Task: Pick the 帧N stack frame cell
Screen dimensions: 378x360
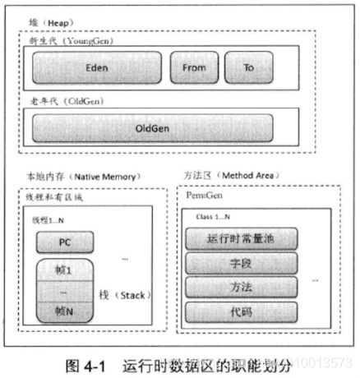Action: pos(62,312)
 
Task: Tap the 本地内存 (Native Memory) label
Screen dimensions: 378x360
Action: pos(70,177)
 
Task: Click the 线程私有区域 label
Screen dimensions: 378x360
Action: pos(45,198)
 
